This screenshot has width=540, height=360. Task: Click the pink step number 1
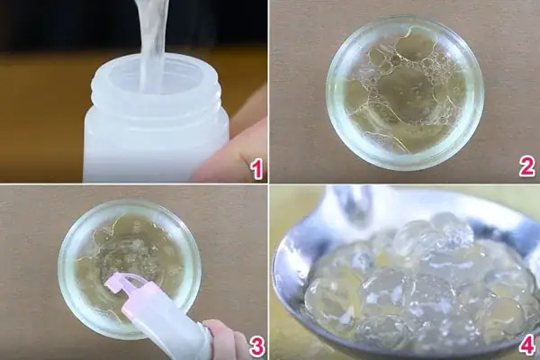(256, 167)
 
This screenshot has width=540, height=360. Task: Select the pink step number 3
(256, 346)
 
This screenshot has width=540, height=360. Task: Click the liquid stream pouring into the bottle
(152, 36)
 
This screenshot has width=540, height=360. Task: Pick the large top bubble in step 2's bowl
(415, 45)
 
